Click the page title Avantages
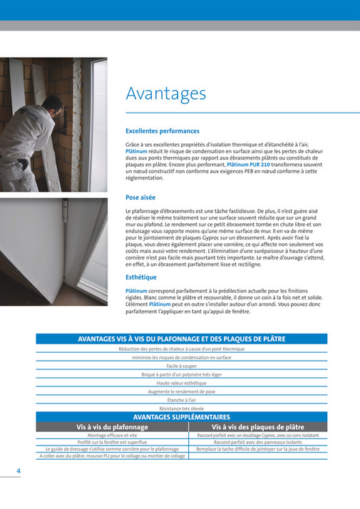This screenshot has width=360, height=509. (165, 94)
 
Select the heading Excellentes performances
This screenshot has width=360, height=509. (162, 131)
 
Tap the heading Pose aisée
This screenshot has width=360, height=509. (140, 197)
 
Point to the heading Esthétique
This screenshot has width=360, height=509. (141, 277)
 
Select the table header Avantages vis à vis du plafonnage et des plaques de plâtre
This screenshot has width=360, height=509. (181, 339)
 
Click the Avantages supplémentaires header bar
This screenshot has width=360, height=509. (181, 417)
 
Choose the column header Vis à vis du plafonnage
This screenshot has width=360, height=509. (112, 427)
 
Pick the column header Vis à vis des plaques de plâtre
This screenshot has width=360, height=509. (258, 427)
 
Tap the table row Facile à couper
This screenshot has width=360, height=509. (181, 366)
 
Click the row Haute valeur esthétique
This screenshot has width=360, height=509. (181, 383)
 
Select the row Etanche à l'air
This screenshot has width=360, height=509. (181, 400)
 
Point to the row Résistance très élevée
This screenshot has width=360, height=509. (181, 408)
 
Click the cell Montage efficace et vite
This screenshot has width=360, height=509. (112, 435)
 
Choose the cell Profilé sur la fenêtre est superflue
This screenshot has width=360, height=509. (112, 442)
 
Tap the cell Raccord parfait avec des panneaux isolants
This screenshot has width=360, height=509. (258, 442)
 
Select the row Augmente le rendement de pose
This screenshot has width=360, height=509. (181, 391)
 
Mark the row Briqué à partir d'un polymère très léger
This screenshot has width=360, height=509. (181, 374)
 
